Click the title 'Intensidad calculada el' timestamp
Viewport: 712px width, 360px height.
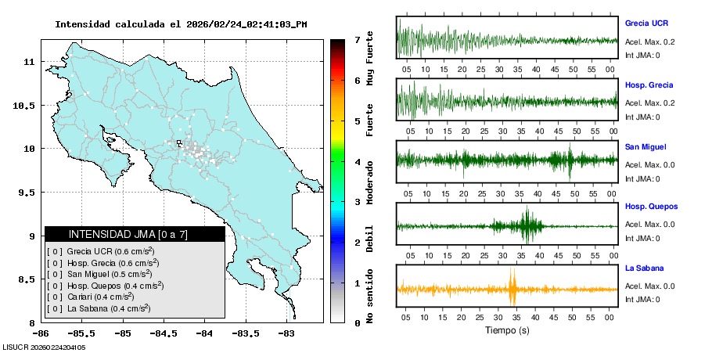coord(181,24)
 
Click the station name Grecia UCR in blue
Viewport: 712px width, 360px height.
coord(646,23)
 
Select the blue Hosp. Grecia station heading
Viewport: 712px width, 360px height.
coord(649,85)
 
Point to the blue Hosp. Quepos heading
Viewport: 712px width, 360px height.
coord(651,207)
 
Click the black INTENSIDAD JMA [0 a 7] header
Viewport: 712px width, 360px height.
coord(135,234)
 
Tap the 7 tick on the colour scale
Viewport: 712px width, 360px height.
coord(356,39)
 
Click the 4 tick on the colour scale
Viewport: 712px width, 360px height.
coord(356,161)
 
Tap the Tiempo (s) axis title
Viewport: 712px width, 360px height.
coord(507,330)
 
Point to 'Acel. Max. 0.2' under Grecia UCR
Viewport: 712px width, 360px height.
coord(649,41)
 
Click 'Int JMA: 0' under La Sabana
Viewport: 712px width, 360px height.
coord(642,299)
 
